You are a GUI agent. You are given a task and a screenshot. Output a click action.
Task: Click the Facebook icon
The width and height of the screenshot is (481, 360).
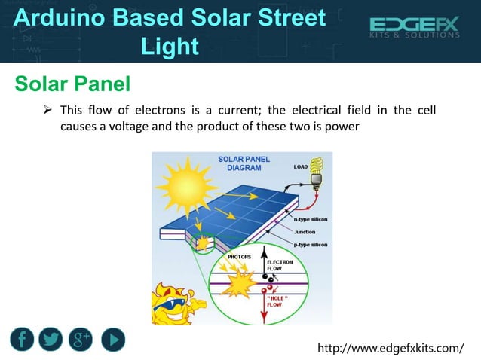[x=22, y=340]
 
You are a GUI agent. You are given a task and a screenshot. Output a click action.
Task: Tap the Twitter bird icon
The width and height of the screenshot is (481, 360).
[x=51, y=340]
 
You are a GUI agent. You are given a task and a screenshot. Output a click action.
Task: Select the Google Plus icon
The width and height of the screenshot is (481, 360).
[x=81, y=340]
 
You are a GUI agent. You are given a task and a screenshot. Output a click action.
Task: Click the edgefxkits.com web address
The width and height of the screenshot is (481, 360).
[x=391, y=347]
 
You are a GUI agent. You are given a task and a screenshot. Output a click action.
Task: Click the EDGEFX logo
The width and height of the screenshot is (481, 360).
[x=414, y=29]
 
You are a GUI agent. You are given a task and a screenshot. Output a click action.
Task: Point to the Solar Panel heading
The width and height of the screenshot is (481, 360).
[x=73, y=82]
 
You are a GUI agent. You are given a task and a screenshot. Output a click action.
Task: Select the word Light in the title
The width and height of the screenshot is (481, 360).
[x=170, y=47]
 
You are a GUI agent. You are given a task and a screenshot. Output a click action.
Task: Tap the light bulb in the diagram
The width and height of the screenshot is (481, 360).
[x=316, y=172]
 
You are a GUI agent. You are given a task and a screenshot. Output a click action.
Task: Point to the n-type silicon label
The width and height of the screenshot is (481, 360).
[x=309, y=218]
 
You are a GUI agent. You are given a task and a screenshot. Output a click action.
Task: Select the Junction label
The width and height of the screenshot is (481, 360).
[x=305, y=231]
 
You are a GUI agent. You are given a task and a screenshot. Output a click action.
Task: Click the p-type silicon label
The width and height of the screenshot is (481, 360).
[x=309, y=245]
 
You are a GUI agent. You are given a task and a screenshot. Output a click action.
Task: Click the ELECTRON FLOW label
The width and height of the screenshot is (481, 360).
[x=280, y=264]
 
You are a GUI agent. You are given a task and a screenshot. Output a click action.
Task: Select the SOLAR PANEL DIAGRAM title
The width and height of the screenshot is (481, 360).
[x=244, y=163]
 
